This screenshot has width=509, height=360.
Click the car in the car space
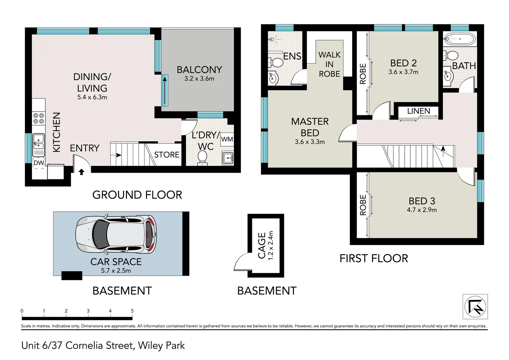point(116,234)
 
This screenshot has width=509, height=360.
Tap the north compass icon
point(475,306)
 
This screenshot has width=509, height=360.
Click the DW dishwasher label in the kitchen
point(39,163)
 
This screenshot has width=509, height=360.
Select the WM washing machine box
point(227,139)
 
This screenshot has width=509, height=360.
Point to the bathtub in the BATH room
point(459,39)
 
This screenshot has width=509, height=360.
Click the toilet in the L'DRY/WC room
point(202,158)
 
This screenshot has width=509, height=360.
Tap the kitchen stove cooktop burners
point(39,118)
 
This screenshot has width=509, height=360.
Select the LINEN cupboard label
point(419,111)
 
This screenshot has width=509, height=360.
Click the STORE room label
point(167,155)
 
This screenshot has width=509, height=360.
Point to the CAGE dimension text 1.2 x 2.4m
point(270,246)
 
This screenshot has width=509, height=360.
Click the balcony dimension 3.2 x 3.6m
point(199,79)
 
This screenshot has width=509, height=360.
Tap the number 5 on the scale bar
point(132,311)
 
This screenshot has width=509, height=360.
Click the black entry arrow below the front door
point(81,172)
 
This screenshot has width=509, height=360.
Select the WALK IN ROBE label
point(329,64)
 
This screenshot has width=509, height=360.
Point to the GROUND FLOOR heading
point(137,195)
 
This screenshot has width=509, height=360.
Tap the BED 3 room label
point(422,201)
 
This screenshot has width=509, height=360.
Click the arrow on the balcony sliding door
point(165,90)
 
